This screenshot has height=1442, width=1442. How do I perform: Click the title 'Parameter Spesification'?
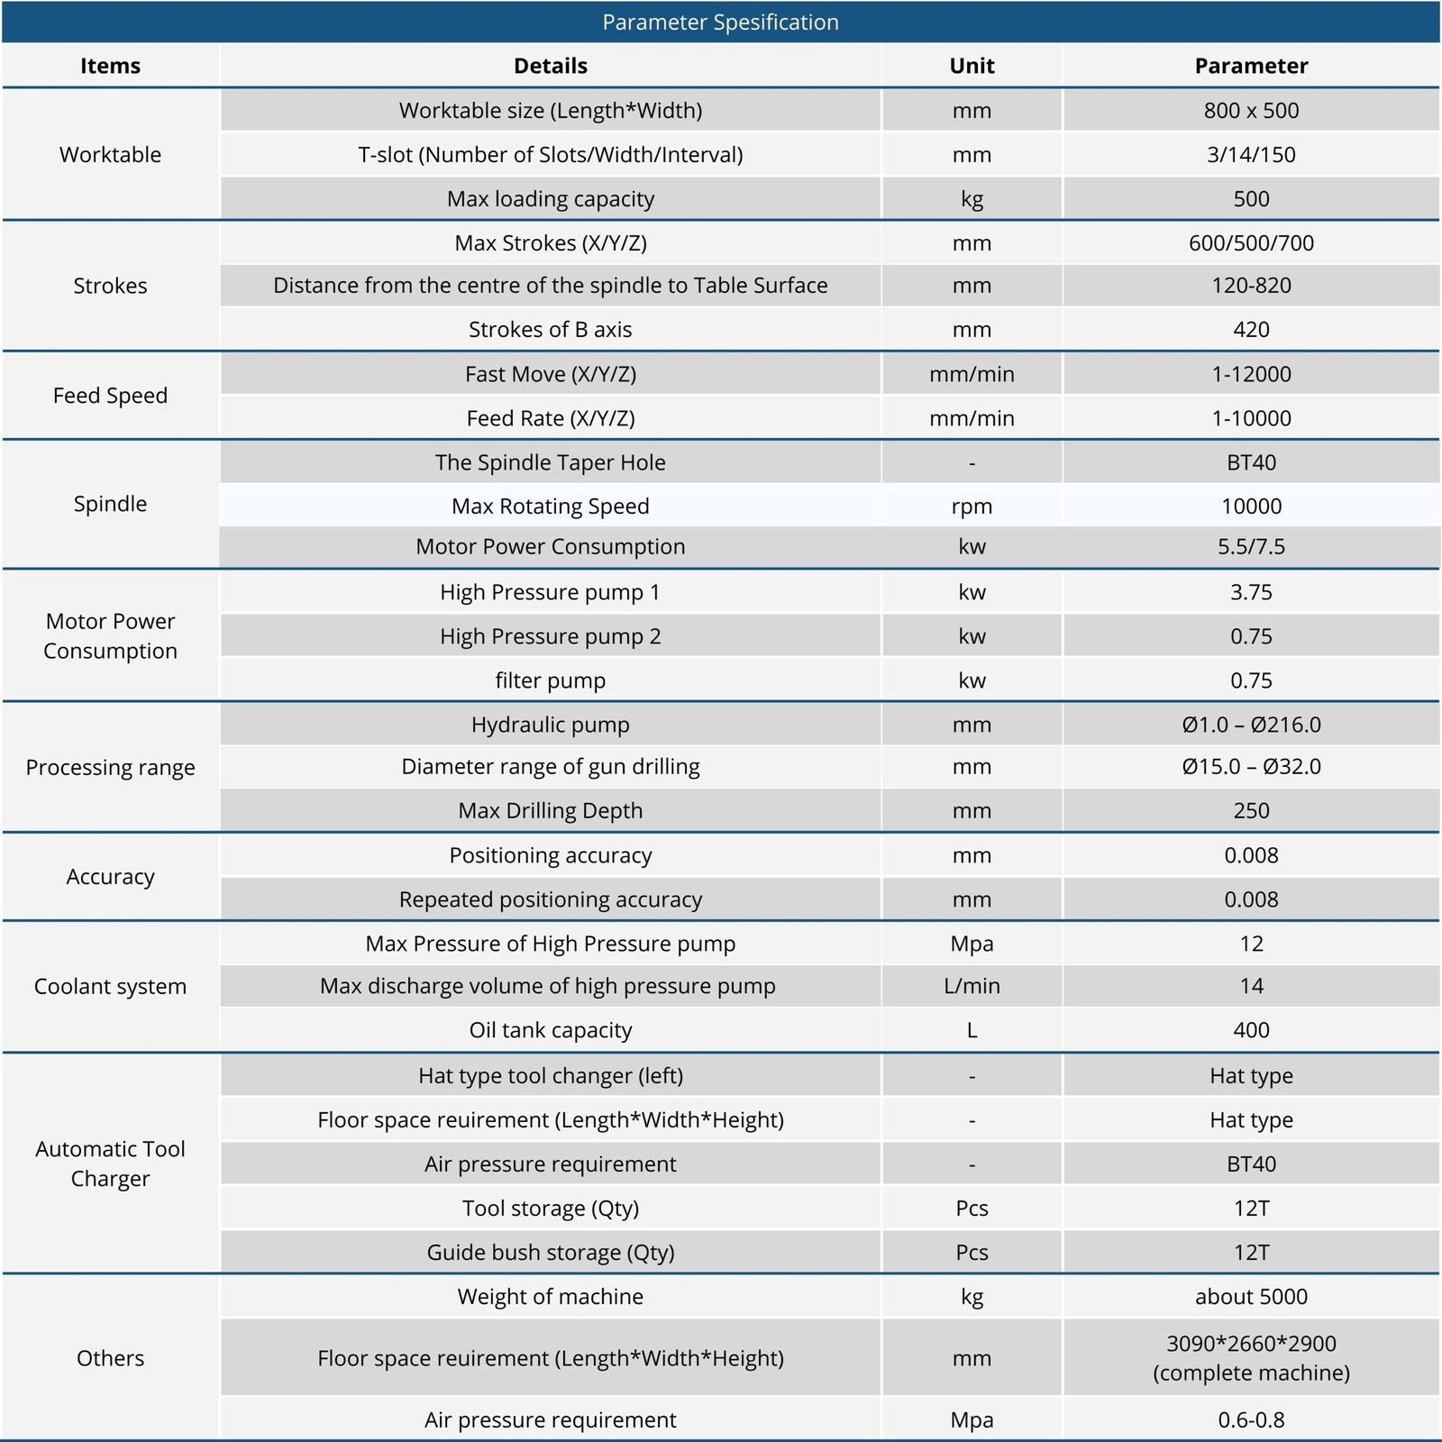click(720, 23)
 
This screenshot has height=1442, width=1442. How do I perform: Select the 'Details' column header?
click(550, 66)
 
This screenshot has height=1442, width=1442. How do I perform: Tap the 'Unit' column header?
click(972, 66)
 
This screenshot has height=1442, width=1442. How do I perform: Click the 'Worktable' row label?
click(110, 154)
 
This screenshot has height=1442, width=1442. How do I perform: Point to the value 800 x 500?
click(1251, 110)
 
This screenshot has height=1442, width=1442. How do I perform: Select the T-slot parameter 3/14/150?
click(1251, 154)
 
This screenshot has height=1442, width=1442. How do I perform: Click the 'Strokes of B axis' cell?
click(550, 329)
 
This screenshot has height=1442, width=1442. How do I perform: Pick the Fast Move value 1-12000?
click(1251, 374)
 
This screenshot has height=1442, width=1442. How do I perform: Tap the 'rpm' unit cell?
click(972, 506)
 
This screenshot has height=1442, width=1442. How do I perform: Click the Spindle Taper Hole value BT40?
click(1251, 462)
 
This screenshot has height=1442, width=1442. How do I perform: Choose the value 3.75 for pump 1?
click(1251, 592)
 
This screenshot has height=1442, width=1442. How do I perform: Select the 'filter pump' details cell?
click(550, 680)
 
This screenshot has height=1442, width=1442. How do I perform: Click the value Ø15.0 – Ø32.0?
click(1251, 766)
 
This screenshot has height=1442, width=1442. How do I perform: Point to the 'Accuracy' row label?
click(110, 876)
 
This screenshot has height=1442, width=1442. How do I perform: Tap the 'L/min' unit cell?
click(972, 986)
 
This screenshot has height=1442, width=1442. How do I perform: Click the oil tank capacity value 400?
click(1251, 1030)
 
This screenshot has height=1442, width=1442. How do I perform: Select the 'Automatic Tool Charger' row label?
click(110, 1164)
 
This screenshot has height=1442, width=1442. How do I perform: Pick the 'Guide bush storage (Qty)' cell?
click(550, 1252)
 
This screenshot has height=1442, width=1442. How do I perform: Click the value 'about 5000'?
click(1251, 1296)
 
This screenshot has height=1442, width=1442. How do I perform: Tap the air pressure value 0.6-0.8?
click(1251, 1419)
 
